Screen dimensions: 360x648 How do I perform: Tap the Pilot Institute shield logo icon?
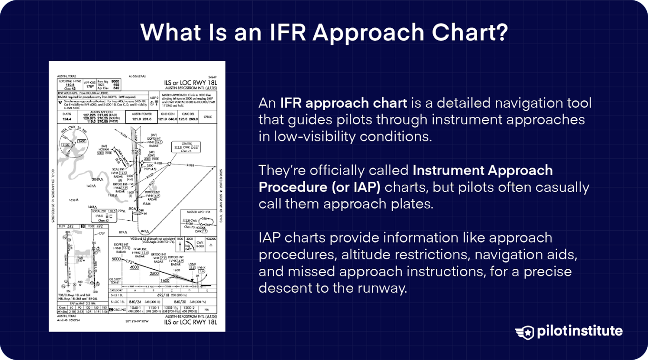(x=525, y=332)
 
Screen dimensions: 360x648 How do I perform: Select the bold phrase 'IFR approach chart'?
(x=343, y=103)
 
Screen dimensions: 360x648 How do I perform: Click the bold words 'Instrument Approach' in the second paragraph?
(x=483, y=170)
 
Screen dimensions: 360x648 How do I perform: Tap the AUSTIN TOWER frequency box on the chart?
(x=141, y=117)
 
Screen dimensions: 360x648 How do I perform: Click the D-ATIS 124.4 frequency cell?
(x=67, y=117)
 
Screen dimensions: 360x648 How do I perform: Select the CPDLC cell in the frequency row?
(x=208, y=117)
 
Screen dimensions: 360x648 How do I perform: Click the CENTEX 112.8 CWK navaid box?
(x=186, y=147)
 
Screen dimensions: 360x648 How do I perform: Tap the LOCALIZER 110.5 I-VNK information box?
(x=103, y=215)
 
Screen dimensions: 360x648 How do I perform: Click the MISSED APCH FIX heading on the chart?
(x=198, y=212)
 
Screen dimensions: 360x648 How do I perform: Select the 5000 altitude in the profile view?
(x=116, y=259)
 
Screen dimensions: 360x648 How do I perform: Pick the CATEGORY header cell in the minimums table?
(x=116, y=290)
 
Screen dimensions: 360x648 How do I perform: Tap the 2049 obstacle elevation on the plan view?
(x=97, y=179)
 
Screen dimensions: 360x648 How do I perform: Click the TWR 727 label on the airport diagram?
(x=79, y=259)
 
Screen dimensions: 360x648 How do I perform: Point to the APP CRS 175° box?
(x=90, y=84)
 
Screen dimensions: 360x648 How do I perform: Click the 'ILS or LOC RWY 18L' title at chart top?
(x=190, y=83)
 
